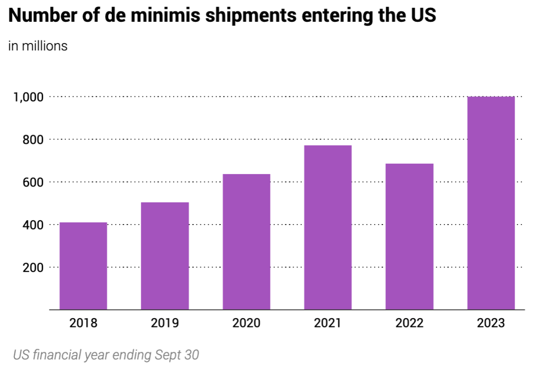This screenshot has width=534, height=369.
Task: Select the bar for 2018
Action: click(x=83, y=266)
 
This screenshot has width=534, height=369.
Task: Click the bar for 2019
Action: click(x=165, y=256)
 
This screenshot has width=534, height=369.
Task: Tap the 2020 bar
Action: click(x=246, y=242)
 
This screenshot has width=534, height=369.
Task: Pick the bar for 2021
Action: click(x=328, y=228)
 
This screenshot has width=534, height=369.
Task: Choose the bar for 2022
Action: click(x=409, y=236)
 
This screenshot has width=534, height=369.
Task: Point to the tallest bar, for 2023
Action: click(x=491, y=203)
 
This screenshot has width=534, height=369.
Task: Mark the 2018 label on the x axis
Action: click(x=83, y=323)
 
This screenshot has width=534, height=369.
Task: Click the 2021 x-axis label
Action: click(x=328, y=323)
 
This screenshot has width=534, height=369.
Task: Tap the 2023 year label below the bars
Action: click(x=491, y=323)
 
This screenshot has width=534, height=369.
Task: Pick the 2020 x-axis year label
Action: click(x=246, y=323)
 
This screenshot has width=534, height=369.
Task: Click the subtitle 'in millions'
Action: click(x=38, y=46)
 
